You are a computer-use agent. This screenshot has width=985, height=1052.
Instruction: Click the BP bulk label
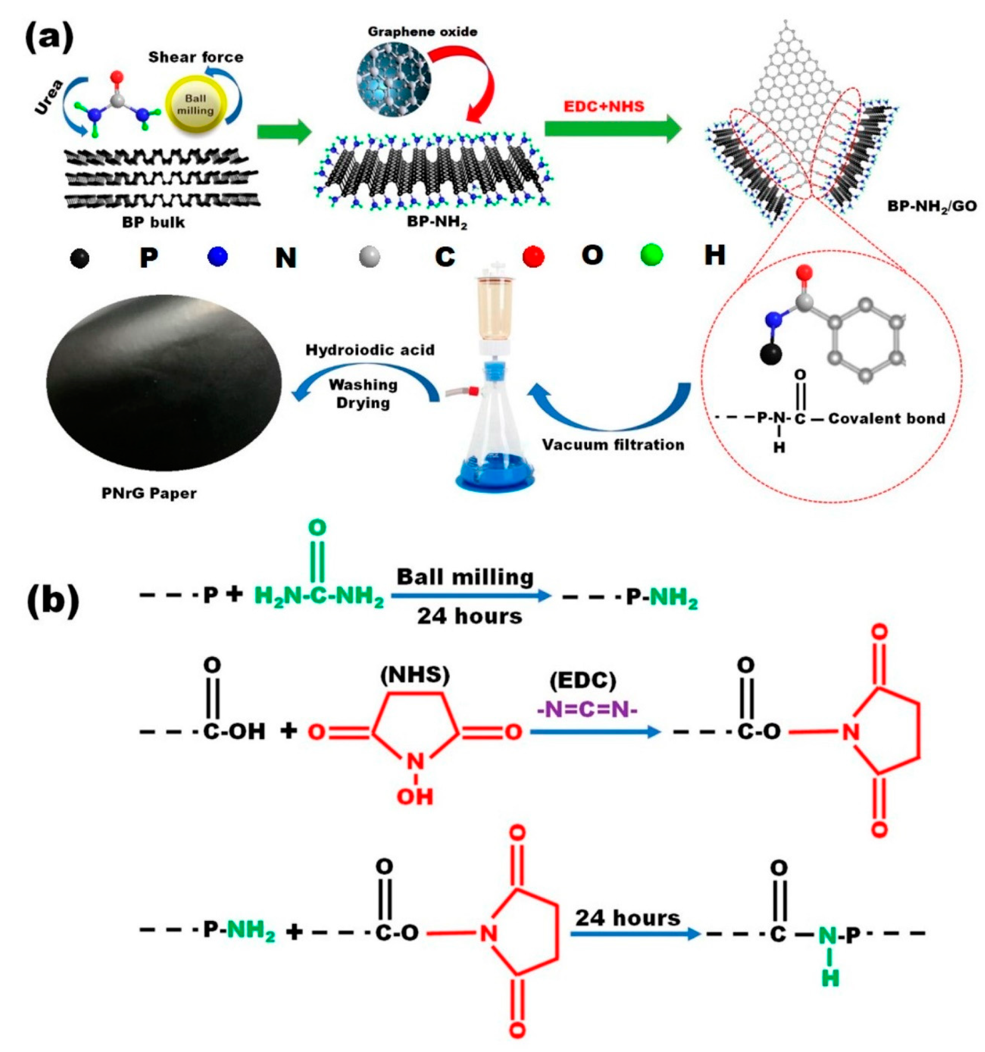[153, 222]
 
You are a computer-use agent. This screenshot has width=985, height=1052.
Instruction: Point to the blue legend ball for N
[217, 257]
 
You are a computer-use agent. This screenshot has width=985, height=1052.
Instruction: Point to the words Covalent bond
[887, 418]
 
